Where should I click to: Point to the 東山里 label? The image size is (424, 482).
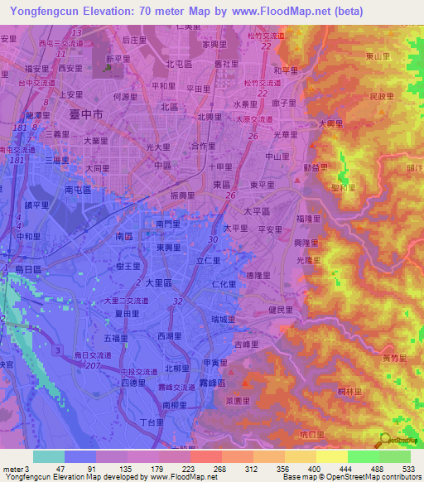click(x=378, y=56)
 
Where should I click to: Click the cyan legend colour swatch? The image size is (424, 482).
click(x=48, y=456)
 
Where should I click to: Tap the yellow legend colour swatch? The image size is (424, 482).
click(x=331, y=456)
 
